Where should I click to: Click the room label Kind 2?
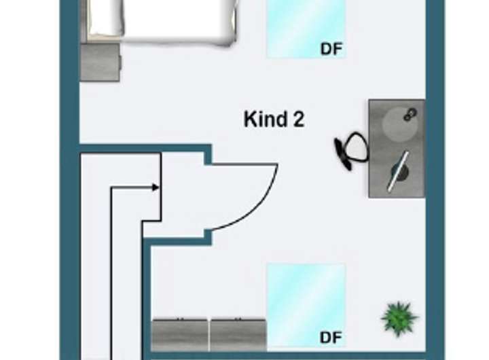click(x=274, y=120)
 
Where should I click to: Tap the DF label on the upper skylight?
click(x=331, y=49)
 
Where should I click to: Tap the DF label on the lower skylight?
click(x=331, y=338)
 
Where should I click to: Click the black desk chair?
click(x=350, y=150)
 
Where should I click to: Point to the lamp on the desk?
click(x=399, y=170)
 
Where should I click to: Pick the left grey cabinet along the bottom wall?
click(x=180, y=334)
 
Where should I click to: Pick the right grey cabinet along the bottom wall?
click(x=238, y=334)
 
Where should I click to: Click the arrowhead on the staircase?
click(x=156, y=187)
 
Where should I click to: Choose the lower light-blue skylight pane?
click(x=306, y=299)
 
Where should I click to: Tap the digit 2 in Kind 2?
click(x=299, y=120)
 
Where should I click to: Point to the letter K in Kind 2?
click(x=249, y=120)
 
